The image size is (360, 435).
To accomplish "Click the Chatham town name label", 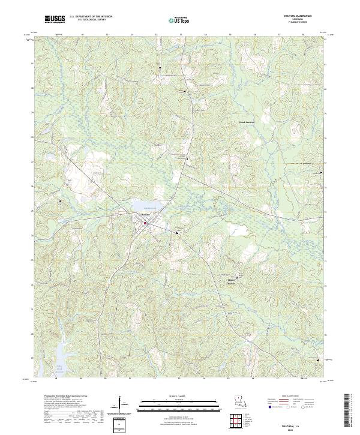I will point(145,215).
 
